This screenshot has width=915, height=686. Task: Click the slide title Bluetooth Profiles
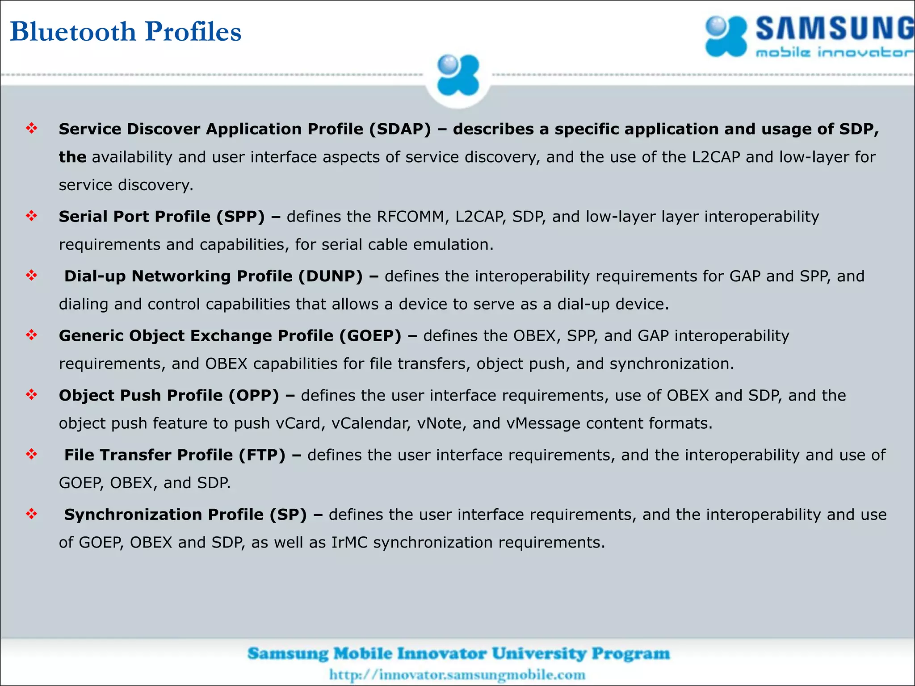pos(126,31)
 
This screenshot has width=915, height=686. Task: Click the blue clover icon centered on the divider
pos(458,75)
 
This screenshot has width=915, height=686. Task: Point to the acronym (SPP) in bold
pos(241,217)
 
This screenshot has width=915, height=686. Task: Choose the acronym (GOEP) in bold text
pos(370,336)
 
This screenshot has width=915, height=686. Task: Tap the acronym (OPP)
pos(254,395)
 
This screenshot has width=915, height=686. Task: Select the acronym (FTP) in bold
pos(262,455)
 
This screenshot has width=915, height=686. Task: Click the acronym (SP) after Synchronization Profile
pos(288,514)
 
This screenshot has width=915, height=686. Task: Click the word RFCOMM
pos(410,217)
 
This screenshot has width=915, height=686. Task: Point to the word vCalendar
pos(371,423)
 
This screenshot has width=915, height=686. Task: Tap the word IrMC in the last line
pos(349,543)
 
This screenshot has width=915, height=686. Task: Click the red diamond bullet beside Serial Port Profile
pos(32,216)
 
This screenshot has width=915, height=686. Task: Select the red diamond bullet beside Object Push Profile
pos(32,395)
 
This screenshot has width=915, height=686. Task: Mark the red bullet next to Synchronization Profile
pos(32,514)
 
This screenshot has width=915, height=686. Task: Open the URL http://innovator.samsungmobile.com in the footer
pos(457,674)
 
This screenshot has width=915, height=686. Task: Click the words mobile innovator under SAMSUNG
pos(834,53)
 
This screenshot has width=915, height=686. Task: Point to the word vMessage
pos(543,423)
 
